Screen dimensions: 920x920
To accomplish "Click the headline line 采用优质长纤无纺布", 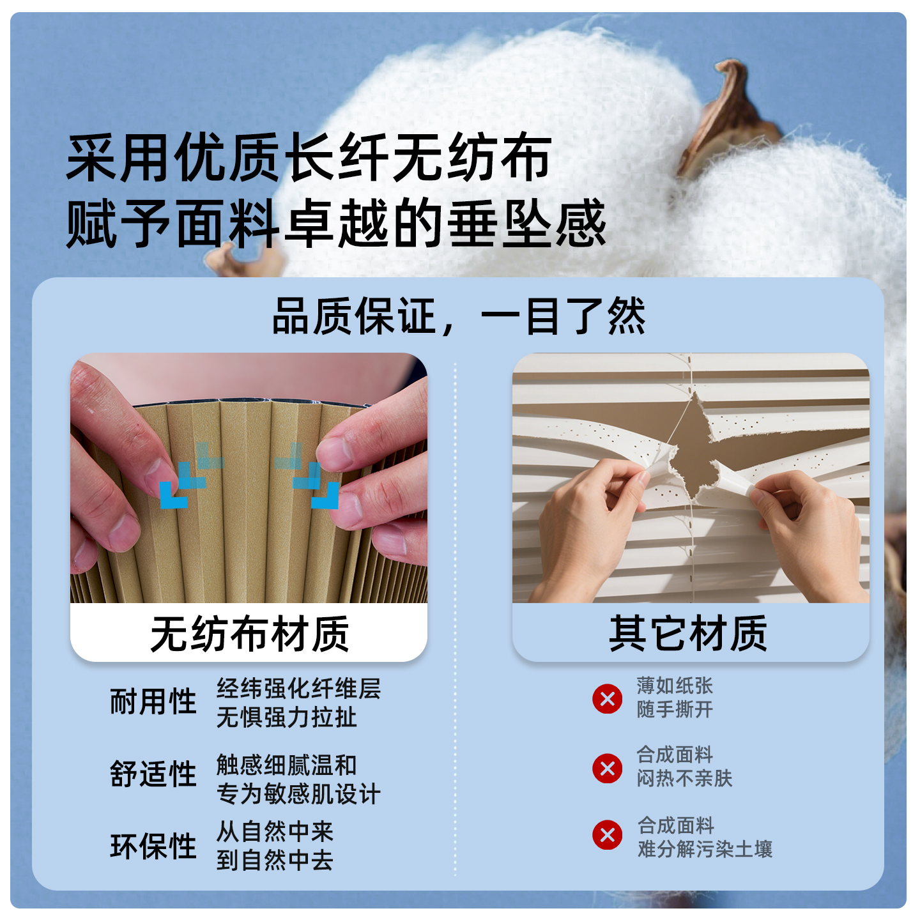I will tap(309, 158).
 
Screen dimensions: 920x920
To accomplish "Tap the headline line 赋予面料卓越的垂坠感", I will tap(336, 224).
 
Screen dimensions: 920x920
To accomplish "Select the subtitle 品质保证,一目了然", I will tap(459, 316).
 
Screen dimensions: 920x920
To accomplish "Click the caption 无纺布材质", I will tap(249, 634).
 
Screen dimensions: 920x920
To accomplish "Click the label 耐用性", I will tap(153, 701).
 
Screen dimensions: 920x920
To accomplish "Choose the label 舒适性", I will tap(153, 774).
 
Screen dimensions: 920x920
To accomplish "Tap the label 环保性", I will tap(153, 846).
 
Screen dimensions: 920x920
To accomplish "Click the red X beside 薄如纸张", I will tap(608, 698).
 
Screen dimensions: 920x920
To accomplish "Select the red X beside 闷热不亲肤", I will tap(608, 768).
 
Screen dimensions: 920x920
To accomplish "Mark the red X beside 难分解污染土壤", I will tap(608, 835).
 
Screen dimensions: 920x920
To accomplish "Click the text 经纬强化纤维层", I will tap(298, 689).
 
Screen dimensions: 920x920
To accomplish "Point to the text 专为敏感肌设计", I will tap(298, 794).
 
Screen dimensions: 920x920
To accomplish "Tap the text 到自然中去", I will tap(275, 861).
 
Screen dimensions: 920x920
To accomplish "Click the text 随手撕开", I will tap(675, 709).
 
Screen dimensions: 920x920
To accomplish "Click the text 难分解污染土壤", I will tap(705, 849).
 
